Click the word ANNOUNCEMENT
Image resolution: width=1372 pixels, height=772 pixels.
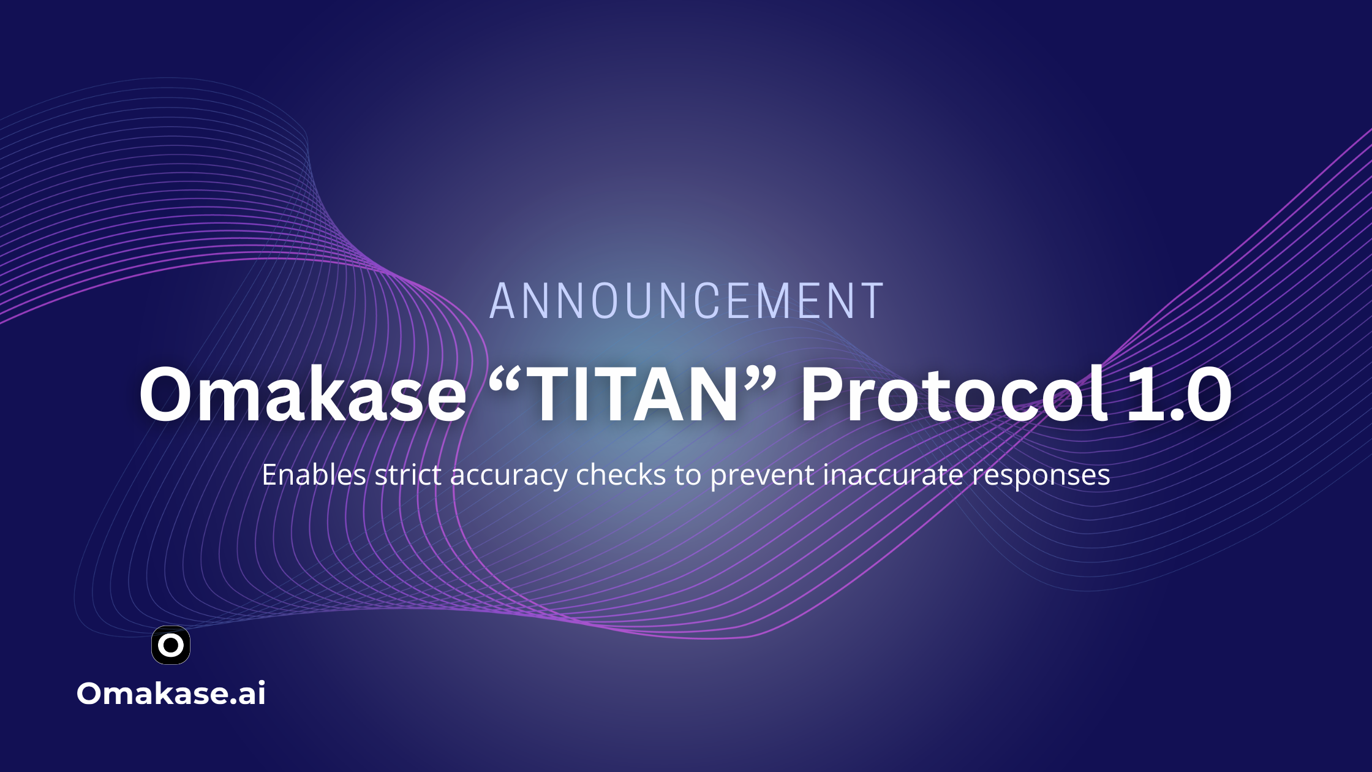tap(687, 301)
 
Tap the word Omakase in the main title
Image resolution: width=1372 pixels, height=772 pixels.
tap(303, 393)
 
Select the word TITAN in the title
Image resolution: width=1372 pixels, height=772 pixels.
tap(635, 393)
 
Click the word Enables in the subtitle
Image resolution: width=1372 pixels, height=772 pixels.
tap(314, 475)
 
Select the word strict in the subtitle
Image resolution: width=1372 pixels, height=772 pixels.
tap(408, 475)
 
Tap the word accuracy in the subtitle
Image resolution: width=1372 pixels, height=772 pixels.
tap(509, 477)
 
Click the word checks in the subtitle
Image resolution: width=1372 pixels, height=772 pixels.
tap(621, 475)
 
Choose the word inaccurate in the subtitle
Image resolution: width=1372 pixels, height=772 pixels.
tap(893, 475)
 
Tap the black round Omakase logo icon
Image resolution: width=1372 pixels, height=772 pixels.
tap(171, 645)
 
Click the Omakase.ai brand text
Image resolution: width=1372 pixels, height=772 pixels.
tap(171, 694)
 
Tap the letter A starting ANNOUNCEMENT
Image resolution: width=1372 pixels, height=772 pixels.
tap(503, 301)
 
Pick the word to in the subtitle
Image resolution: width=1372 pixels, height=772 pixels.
tap(688, 476)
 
